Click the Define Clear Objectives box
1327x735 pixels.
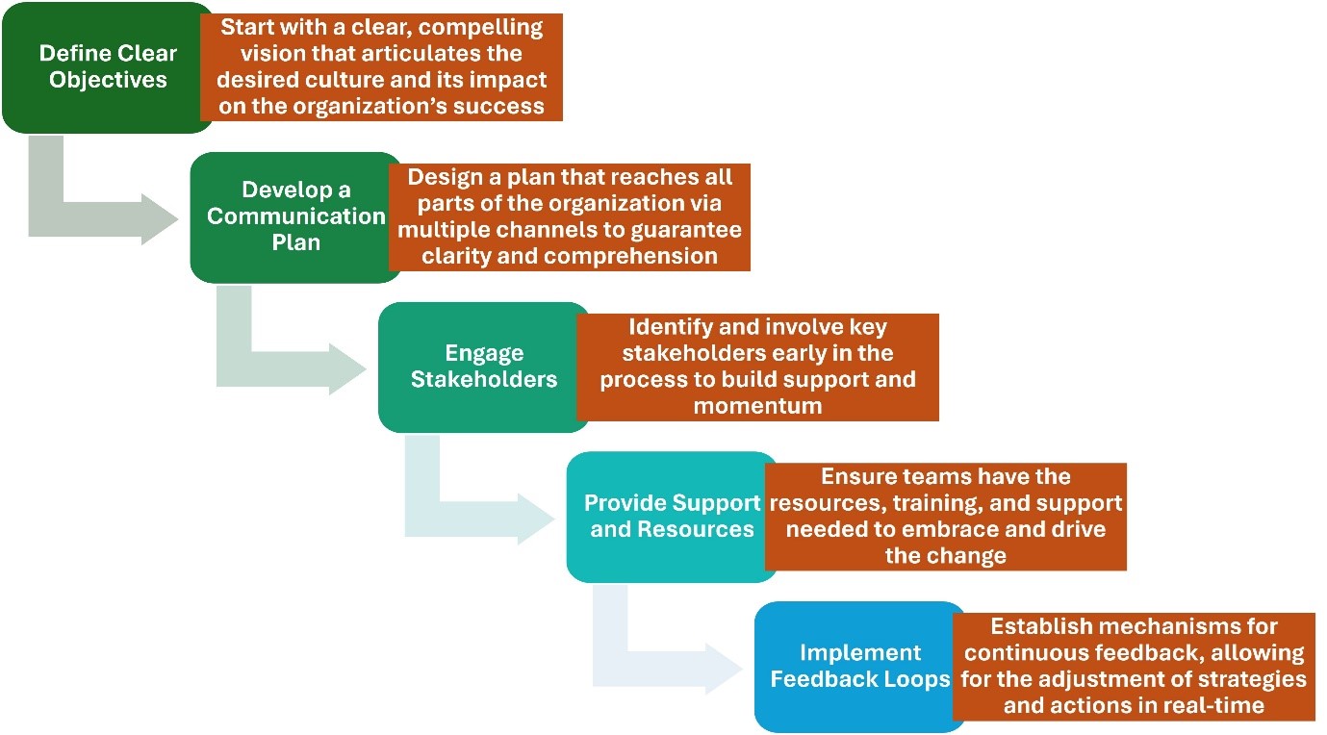point(107,67)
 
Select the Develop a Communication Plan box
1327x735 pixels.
point(295,217)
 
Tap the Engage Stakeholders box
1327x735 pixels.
point(483,367)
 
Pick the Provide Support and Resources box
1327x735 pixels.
point(672,517)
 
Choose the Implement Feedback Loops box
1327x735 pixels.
point(859,667)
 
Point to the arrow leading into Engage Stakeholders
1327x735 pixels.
point(253,368)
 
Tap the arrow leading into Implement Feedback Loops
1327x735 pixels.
point(629,668)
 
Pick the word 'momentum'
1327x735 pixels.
point(757,406)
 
